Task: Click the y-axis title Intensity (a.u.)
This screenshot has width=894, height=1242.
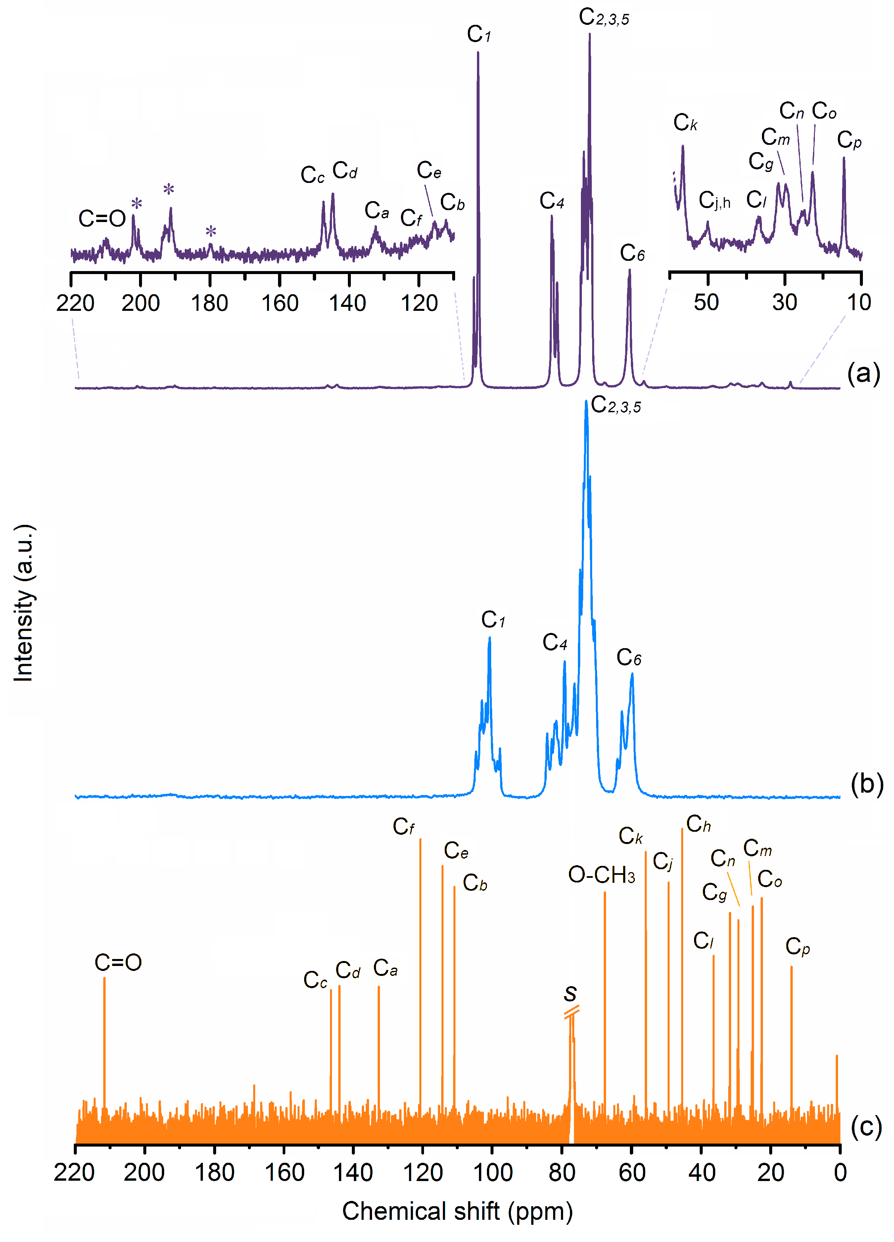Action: coord(24,602)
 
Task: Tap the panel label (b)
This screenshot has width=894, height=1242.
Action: coord(867,784)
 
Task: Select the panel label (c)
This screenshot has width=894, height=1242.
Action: coord(866,1126)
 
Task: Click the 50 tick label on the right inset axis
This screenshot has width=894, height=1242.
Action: coord(706,302)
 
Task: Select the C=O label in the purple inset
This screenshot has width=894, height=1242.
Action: coord(102,218)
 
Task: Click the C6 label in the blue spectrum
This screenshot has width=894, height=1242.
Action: coord(629,657)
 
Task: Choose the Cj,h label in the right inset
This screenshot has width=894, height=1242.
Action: coord(714,201)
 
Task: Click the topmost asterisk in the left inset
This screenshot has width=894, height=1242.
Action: coord(168,190)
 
